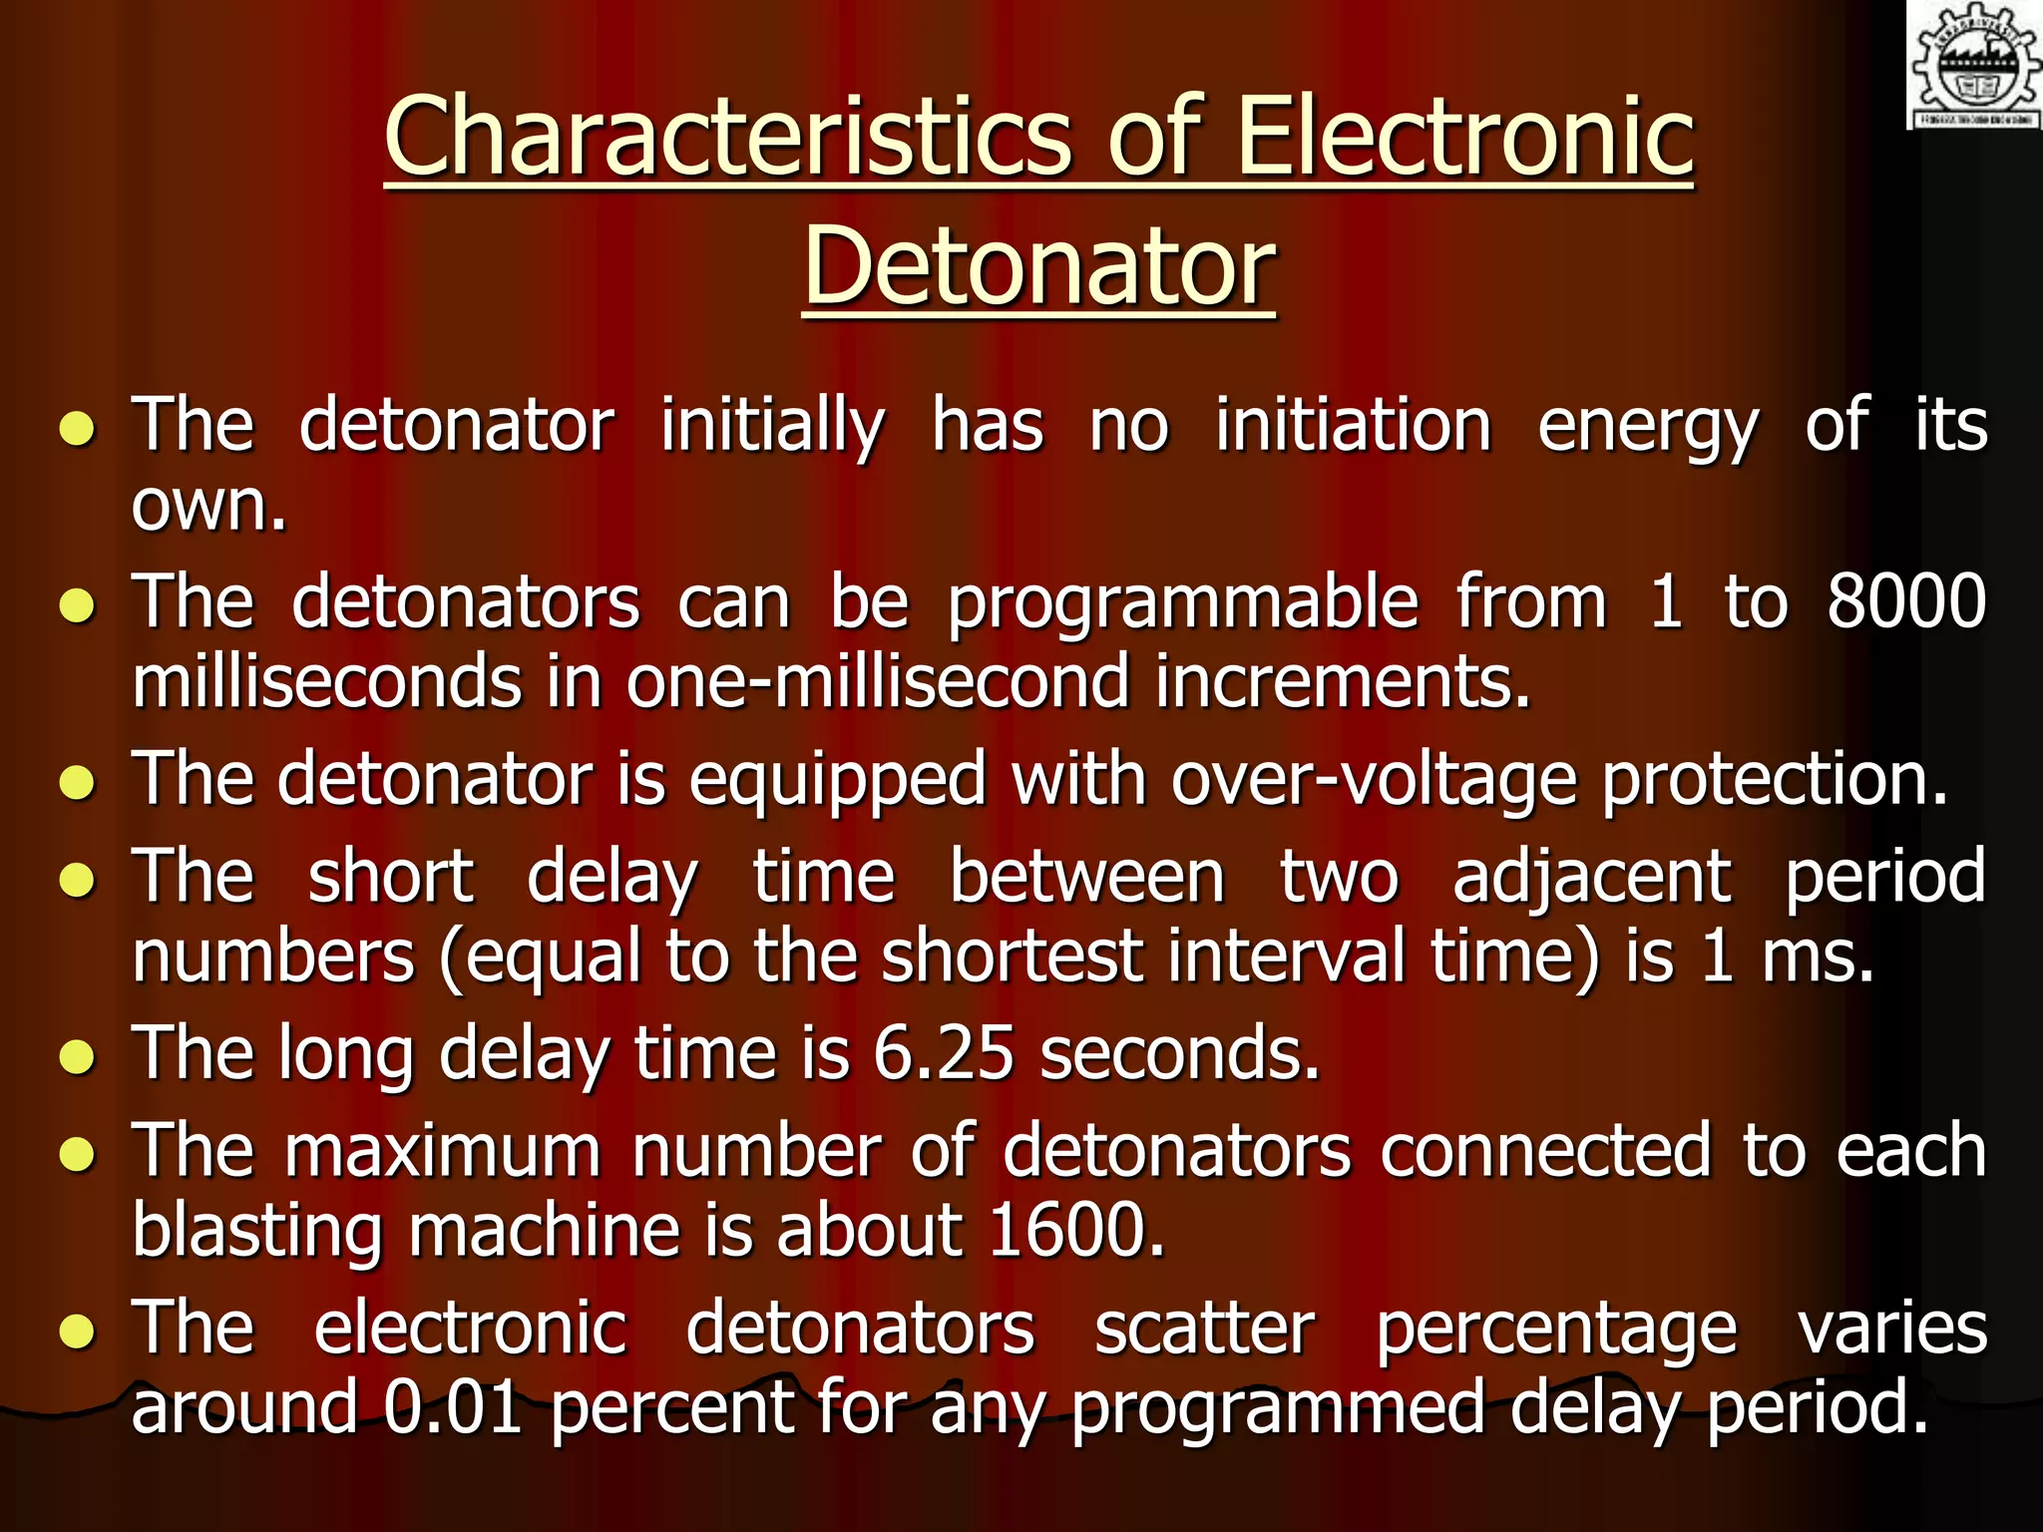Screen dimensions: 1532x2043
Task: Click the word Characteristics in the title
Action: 733,137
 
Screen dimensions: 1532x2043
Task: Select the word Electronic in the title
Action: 1464,137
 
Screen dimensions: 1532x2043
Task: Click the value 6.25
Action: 944,1053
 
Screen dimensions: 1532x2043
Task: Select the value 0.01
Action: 454,1406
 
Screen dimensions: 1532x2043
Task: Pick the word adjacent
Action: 1592,878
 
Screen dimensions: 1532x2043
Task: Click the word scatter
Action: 1204,1329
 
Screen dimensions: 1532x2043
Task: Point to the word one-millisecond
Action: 878,682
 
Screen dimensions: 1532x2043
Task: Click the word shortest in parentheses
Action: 1012,956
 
